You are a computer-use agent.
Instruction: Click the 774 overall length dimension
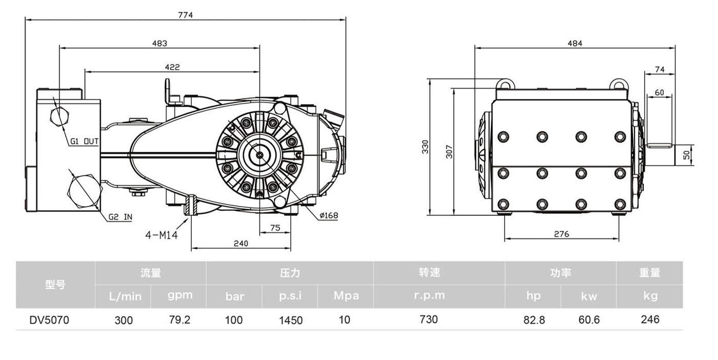click(185, 15)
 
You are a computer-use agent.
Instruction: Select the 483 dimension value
click(159, 44)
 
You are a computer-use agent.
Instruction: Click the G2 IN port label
click(120, 217)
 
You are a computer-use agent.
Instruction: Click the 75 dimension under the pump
click(275, 228)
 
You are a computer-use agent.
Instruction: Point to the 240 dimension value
click(241, 244)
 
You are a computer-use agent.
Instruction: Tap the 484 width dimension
click(575, 44)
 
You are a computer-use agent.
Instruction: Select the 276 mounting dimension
click(562, 234)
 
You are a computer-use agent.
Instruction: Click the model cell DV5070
click(49, 320)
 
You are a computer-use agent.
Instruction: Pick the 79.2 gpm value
click(180, 320)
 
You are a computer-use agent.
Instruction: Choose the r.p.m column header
click(429, 295)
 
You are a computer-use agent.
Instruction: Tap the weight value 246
click(650, 319)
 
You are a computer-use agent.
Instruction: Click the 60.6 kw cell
click(589, 320)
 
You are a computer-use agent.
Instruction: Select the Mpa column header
click(346, 295)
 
